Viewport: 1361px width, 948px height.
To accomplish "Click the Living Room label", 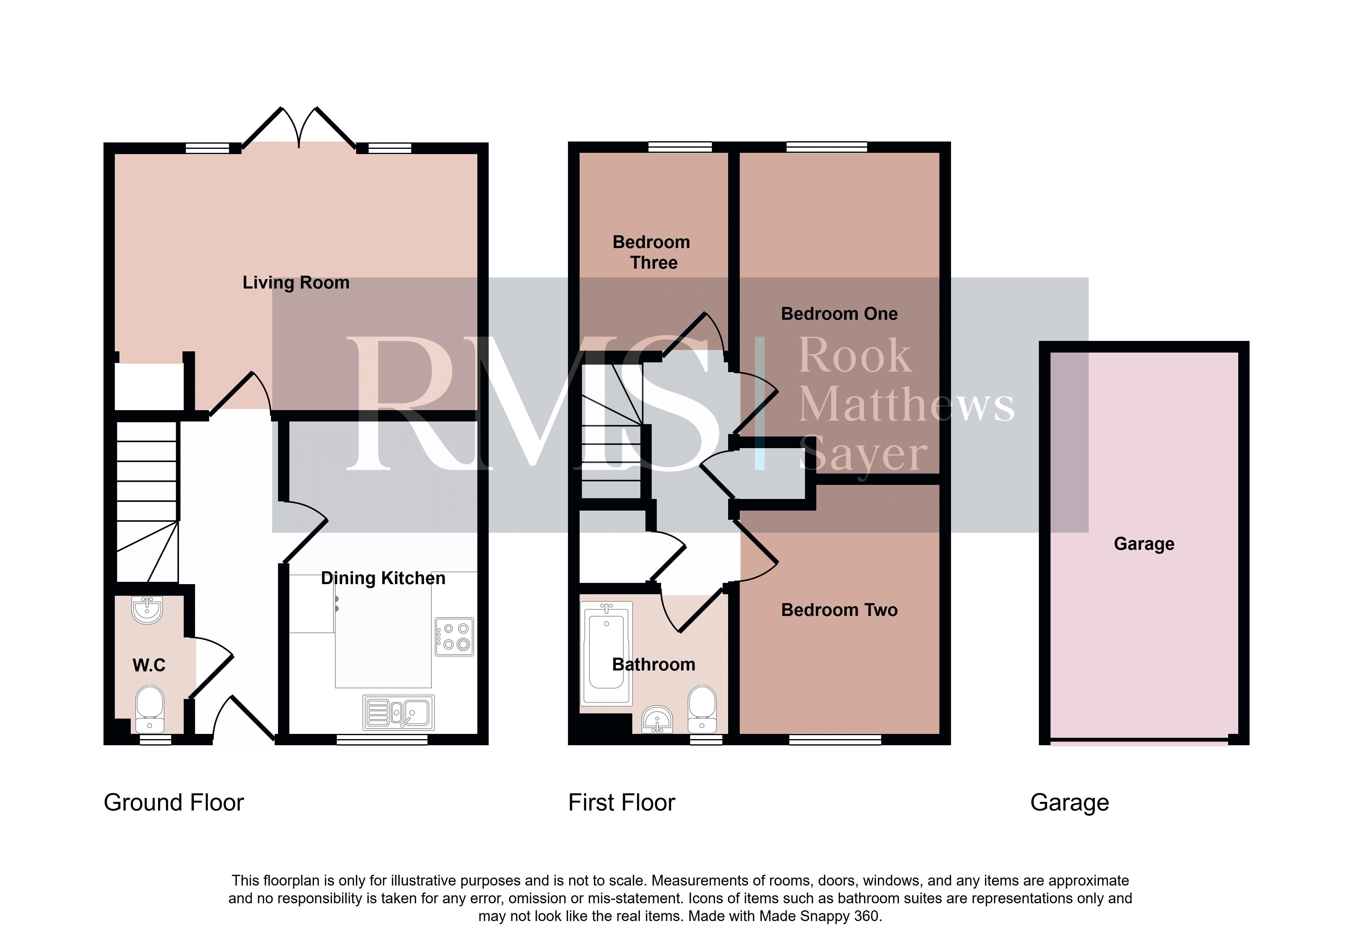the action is click(296, 283).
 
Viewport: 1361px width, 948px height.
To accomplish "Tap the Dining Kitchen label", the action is click(383, 578).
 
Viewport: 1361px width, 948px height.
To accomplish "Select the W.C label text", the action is click(149, 665).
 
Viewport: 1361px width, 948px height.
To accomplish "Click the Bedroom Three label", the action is click(652, 252).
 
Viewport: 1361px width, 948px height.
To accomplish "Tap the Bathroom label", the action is click(653, 665).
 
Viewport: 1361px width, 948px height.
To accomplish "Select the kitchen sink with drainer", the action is click(398, 713).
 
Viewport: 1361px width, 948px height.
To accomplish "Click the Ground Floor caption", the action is click(174, 803).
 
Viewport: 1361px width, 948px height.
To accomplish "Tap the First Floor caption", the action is click(621, 803).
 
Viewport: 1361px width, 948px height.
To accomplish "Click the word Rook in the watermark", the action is click(855, 356).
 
